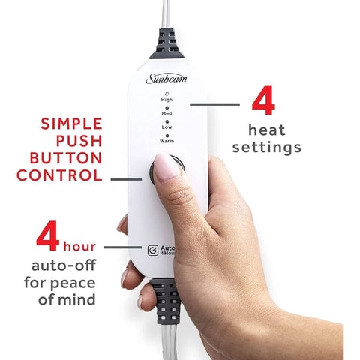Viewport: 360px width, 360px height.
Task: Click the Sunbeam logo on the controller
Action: coord(166,79)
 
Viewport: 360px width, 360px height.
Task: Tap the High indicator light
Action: coord(167,94)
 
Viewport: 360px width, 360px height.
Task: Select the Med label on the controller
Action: coord(166,113)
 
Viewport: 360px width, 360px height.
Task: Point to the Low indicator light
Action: coord(167,121)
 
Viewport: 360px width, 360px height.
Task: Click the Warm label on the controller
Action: coord(167,141)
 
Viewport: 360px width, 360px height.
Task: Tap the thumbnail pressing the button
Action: coord(166,166)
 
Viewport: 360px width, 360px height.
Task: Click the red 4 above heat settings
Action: coord(263,100)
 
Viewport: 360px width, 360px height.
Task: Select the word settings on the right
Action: coord(267,148)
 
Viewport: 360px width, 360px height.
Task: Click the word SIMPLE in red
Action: coord(72,124)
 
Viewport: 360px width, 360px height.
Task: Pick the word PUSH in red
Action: coord(79,141)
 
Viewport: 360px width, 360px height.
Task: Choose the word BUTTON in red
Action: coord(66,158)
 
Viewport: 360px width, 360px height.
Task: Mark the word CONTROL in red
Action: coord(59,175)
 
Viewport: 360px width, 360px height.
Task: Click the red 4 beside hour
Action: coord(48,235)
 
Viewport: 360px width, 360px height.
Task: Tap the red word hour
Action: coord(79,246)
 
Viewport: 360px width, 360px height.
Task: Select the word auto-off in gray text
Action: coord(64,265)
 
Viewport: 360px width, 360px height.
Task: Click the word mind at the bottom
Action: coord(77,299)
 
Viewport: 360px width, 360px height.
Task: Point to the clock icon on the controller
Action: coord(153,250)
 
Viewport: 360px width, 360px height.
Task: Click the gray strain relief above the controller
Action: coord(167,43)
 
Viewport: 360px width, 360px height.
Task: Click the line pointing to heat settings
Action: coord(215,104)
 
